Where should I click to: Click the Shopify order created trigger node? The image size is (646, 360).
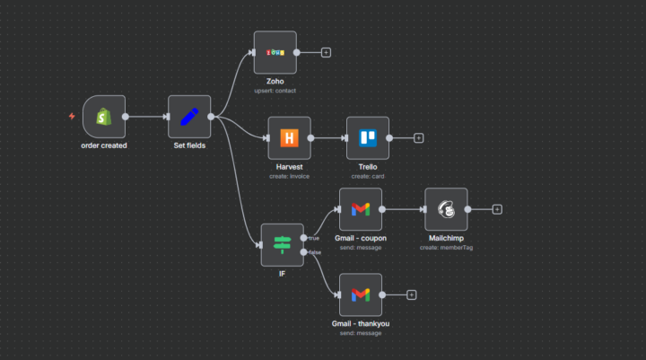coord(104,117)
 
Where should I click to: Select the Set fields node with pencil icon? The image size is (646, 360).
coord(189,117)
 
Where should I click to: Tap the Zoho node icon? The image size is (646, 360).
coord(275,52)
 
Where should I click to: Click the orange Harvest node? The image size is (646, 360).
coord(289,138)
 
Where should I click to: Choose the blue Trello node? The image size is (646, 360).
coord(368,138)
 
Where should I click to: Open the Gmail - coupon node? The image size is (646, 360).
coord(360,209)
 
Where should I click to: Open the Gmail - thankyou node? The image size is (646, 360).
coord(360,294)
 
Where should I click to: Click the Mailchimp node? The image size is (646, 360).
coord(446,209)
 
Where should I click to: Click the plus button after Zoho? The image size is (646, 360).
coord(326,52)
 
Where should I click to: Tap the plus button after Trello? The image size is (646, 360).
coord(418,138)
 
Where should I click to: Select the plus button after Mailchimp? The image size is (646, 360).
coord(497,209)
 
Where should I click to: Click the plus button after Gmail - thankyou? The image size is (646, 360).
coord(411,294)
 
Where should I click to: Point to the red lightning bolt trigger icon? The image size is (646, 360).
coord(72,117)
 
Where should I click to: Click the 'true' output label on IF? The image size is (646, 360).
coord(315,238)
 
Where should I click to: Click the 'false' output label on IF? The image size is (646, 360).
coord(316,252)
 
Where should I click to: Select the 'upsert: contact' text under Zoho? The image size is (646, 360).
coord(275,91)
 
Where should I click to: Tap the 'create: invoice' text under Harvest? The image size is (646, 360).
coord(289,177)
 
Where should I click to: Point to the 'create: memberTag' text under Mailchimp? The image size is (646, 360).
coord(446,248)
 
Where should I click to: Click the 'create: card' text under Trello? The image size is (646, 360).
coord(368,177)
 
